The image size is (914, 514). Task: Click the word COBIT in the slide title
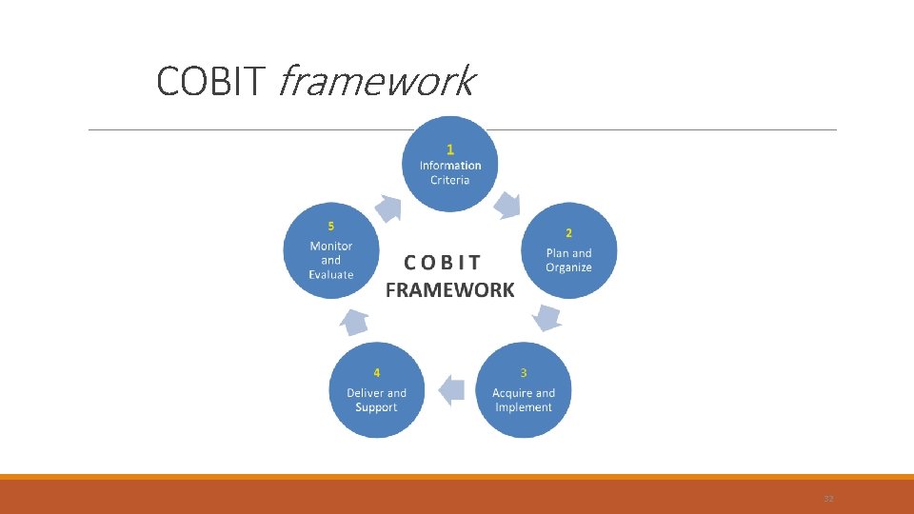click(x=209, y=82)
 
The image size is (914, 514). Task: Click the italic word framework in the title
click(x=374, y=82)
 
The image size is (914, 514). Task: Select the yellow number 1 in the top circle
click(x=450, y=148)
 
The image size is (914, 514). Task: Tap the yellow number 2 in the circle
click(x=568, y=232)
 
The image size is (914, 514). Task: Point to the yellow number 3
click(x=523, y=371)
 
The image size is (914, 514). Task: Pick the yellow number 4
click(x=377, y=371)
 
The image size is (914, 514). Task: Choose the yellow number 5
click(x=330, y=226)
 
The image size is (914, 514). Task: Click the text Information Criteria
click(x=450, y=172)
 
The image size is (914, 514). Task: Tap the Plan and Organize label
click(x=568, y=260)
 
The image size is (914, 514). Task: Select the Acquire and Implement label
click(x=524, y=400)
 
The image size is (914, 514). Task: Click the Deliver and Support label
click(x=376, y=400)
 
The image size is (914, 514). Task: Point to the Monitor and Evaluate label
click(x=330, y=260)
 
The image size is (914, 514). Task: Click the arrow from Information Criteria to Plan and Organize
click(x=508, y=204)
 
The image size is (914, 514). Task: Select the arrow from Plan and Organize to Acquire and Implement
click(x=547, y=316)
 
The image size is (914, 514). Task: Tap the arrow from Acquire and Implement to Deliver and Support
click(x=450, y=388)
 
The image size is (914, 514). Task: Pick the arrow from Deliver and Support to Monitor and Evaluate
click(x=355, y=322)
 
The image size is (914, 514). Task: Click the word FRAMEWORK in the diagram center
click(x=449, y=290)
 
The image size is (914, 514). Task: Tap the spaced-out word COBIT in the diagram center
click(x=443, y=262)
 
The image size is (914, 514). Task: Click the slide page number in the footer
click(x=827, y=498)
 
